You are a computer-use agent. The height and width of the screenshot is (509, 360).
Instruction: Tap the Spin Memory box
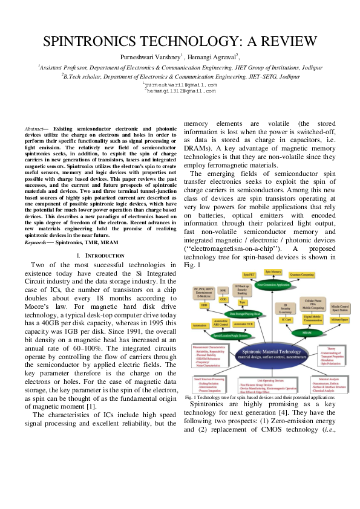click(x=272, y=272)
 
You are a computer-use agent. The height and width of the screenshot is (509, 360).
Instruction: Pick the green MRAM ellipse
click(x=307, y=332)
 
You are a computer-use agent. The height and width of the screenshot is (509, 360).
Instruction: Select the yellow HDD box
click(x=204, y=306)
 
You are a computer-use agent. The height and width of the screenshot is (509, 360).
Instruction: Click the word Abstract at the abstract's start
click(x=34, y=129)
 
